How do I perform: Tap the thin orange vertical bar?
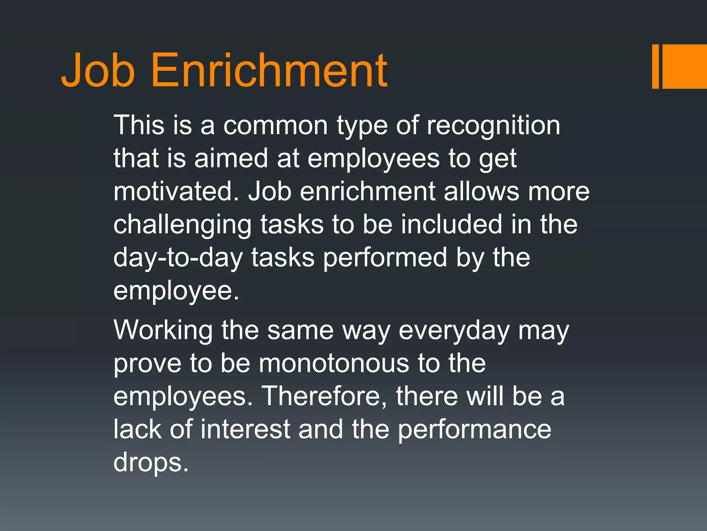[x=655, y=66]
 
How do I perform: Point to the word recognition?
[x=493, y=125]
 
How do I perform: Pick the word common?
[x=275, y=125]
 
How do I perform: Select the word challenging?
[x=183, y=225]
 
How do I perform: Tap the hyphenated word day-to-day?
[x=178, y=258]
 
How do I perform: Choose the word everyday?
[x=454, y=330]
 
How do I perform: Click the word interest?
[x=245, y=429]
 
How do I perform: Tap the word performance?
[x=475, y=429]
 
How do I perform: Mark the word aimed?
[x=231, y=158]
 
